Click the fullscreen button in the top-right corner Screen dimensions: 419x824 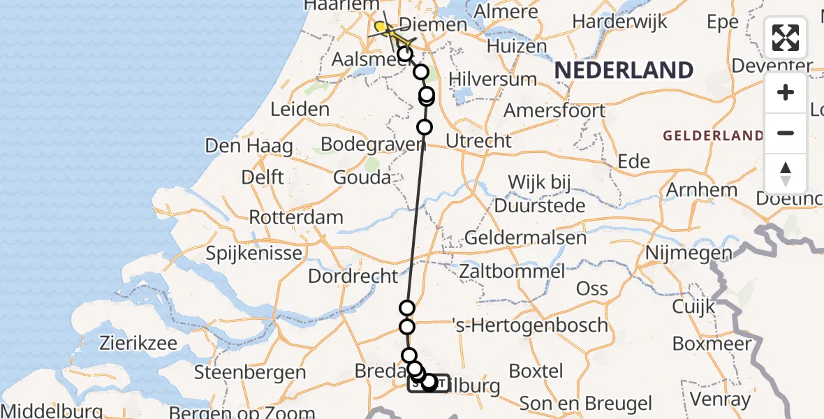(x=786, y=38)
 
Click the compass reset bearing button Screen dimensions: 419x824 (x=786, y=174)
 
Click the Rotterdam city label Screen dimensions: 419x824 (x=296, y=217)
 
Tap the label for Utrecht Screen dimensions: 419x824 (x=478, y=140)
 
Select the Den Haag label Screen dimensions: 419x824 (x=249, y=146)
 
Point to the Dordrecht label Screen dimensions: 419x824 (x=353, y=276)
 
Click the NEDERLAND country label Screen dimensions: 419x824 (x=624, y=71)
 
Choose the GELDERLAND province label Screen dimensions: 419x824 (x=712, y=135)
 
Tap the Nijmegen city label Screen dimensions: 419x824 (x=689, y=252)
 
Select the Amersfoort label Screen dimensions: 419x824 (x=554, y=110)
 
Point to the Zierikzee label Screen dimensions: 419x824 (x=139, y=343)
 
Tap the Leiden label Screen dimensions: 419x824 (x=301, y=109)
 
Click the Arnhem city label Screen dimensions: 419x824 (x=702, y=190)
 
